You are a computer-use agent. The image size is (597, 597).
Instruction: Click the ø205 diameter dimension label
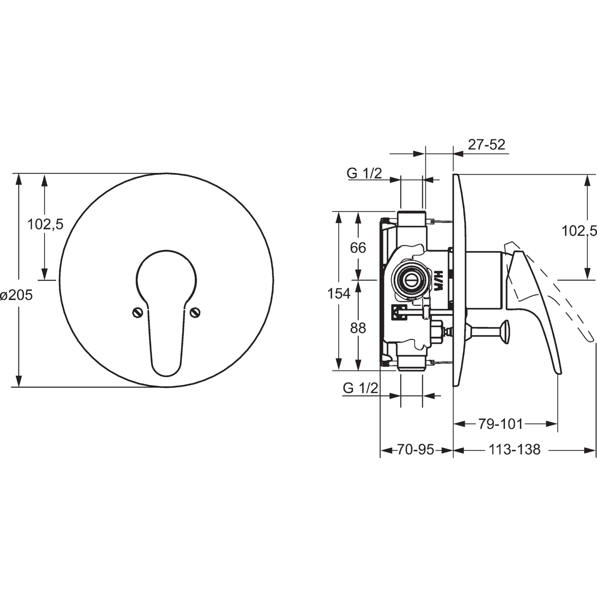coord(16,295)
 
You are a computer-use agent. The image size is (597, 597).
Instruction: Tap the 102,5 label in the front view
coord(45,224)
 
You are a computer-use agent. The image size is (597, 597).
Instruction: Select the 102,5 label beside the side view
coord(579,230)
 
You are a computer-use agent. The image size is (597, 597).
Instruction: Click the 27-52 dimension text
coord(486,144)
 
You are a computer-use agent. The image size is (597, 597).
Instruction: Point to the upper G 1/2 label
coord(364,173)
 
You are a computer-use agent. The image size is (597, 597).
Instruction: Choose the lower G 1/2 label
coord(360,388)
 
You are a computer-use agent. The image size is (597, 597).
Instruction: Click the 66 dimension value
coord(358,248)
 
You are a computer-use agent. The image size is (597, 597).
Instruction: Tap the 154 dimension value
coord(339,294)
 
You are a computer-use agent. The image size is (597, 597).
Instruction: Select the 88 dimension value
coord(358,328)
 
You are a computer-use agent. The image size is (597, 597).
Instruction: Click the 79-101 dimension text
coord(500,424)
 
